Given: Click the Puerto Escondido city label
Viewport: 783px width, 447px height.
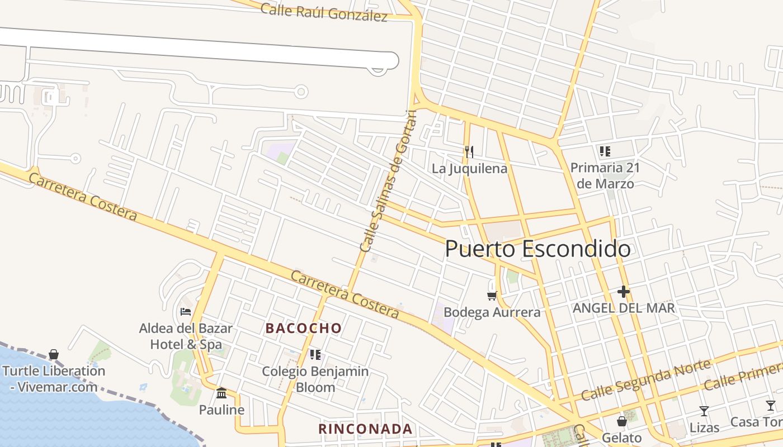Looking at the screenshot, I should click(x=538, y=249).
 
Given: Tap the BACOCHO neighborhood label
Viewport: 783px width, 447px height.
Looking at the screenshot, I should click(x=304, y=329).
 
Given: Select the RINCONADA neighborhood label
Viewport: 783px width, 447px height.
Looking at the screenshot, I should click(x=365, y=429).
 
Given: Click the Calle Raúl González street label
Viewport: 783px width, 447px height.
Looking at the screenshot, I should click(x=324, y=12).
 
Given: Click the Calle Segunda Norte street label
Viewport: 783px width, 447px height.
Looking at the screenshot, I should click(x=646, y=380).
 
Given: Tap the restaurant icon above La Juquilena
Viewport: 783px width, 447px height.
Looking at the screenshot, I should click(x=469, y=151).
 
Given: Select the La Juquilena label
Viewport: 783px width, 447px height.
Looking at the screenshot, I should click(x=469, y=168).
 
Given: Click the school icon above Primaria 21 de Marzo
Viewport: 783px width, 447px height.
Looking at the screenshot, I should click(x=605, y=151).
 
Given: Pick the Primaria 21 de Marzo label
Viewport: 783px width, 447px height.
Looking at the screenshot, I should click(x=605, y=175).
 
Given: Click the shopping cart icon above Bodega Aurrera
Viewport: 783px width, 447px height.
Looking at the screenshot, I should click(x=492, y=296).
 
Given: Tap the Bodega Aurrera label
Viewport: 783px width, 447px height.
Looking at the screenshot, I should click(x=492, y=312).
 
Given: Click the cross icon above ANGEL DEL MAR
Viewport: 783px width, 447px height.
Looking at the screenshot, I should click(x=624, y=292).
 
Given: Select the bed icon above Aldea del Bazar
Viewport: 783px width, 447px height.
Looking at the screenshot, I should click(x=186, y=311).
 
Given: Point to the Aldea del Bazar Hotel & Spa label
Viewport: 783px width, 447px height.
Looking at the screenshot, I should click(x=186, y=336).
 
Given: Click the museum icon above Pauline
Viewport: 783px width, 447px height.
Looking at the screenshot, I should click(x=221, y=393).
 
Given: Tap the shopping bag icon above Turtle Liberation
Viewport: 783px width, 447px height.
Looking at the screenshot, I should click(x=54, y=354).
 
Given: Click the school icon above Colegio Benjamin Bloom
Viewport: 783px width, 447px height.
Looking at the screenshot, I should click(x=315, y=354).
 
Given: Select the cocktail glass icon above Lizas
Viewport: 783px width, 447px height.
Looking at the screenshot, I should click(x=704, y=411).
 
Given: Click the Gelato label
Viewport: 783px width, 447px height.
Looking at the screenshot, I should click(x=621, y=437).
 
